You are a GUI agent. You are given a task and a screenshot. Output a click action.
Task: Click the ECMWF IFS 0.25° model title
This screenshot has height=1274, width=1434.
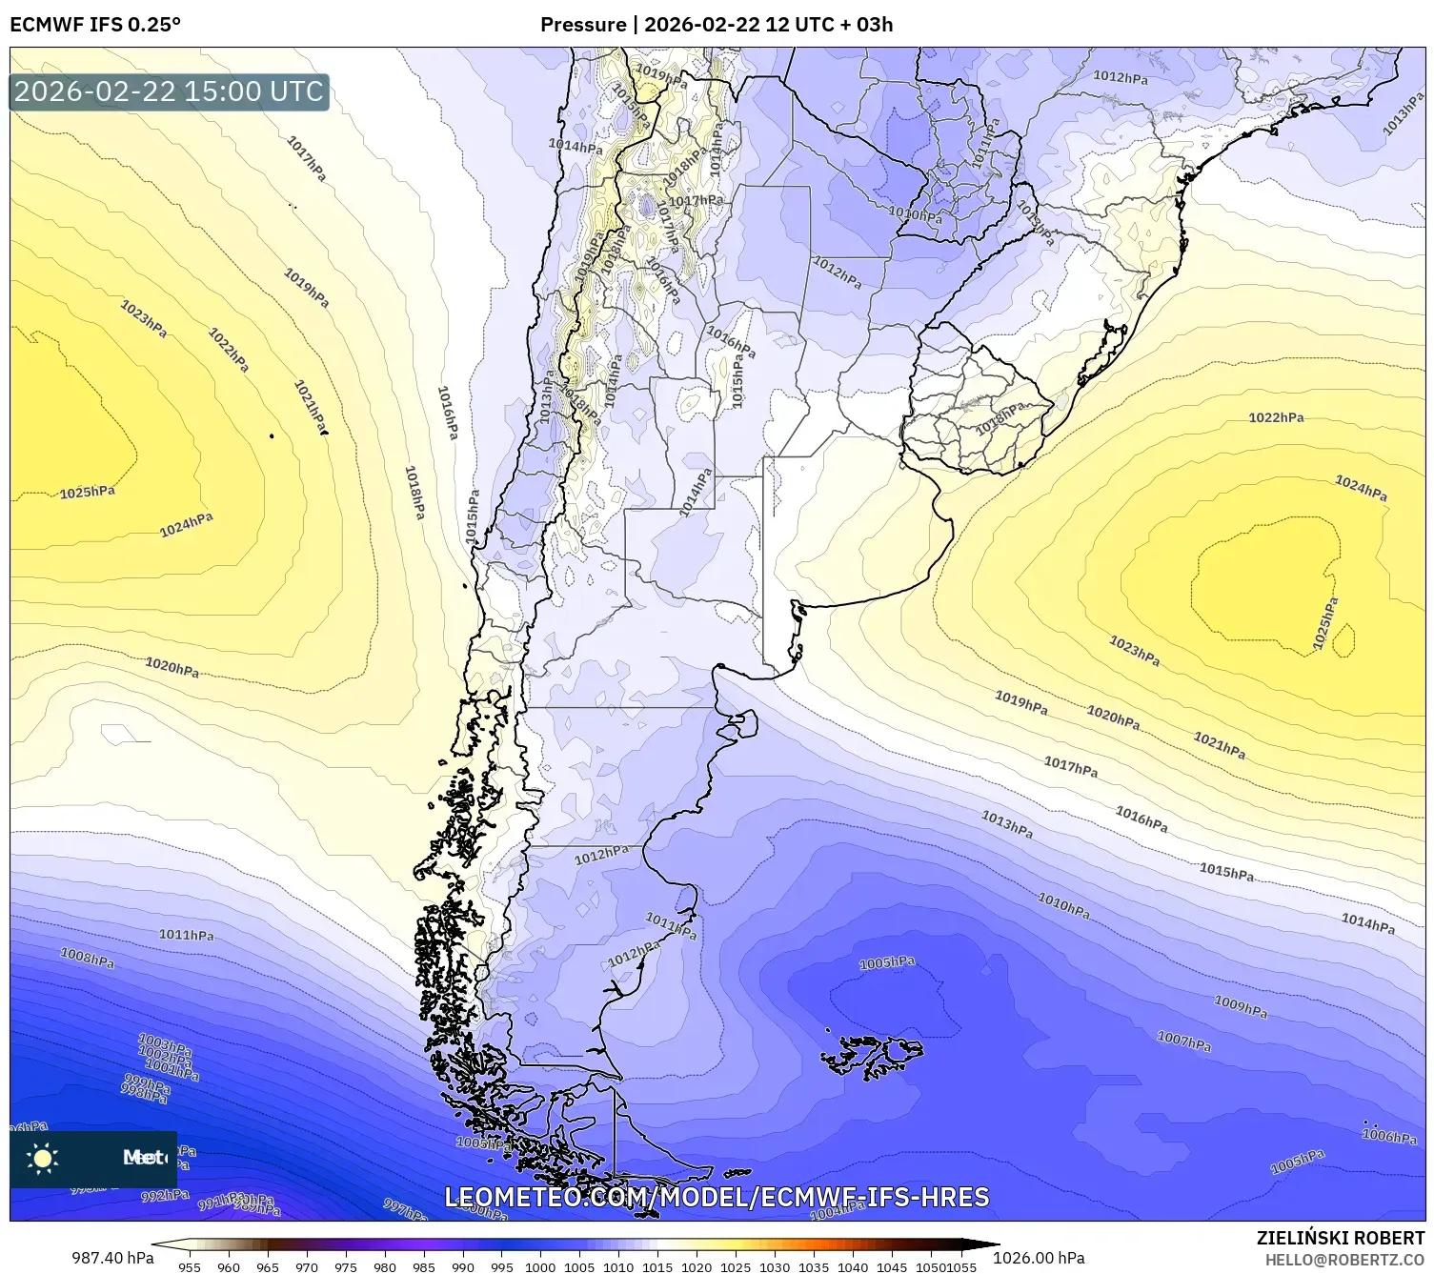pyautogui.click(x=95, y=25)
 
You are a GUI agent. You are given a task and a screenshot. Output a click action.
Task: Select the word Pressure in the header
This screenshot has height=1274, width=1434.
pyautogui.click(x=582, y=25)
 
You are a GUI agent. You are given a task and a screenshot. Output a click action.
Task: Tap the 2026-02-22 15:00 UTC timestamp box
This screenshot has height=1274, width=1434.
pyautogui.click(x=170, y=91)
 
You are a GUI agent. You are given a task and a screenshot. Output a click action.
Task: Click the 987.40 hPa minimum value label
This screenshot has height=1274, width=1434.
pyautogui.click(x=112, y=1259)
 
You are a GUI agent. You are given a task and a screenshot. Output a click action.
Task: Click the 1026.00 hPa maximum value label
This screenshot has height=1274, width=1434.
pyautogui.click(x=1039, y=1259)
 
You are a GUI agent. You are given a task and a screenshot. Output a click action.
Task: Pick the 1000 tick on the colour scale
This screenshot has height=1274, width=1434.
pyautogui.click(x=540, y=1266)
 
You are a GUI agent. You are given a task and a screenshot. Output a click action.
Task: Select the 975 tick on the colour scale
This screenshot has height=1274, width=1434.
pyautogui.click(x=345, y=1266)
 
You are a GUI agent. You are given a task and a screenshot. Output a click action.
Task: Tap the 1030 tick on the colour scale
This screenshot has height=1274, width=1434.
pyautogui.click(x=775, y=1266)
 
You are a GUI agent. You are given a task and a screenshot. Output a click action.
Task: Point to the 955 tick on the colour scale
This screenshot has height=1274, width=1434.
pyautogui.click(x=190, y=1266)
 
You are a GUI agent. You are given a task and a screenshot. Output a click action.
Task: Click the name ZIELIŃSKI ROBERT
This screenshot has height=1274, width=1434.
pyautogui.click(x=1341, y=1238)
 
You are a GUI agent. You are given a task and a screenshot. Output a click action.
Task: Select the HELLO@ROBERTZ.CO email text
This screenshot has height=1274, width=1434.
pyautogui.click(x=1344, y=1260)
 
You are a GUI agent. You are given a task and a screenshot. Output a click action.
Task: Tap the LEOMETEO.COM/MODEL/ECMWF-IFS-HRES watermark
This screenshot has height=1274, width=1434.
pyautogui.click(x=717, y=1197)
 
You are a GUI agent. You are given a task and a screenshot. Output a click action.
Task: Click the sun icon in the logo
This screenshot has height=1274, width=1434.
pyautogui.click(x=43, y=1158)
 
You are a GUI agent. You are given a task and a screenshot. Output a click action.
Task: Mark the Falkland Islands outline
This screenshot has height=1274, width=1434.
pyautogui.click(x=874, y=1054)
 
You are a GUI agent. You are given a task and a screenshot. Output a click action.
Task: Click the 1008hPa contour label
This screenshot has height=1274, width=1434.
pyautogui.click(x=88, y=958)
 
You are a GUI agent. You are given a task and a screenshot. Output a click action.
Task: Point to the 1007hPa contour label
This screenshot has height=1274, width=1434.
pyautogui.click(x=1184, y=1041)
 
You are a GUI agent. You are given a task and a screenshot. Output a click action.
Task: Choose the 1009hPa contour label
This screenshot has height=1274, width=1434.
pyautogui.click(x=1241, y=1004)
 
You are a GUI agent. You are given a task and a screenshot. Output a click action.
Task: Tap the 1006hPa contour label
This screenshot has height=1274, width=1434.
pyautogui.click(x=1389, y=1136)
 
